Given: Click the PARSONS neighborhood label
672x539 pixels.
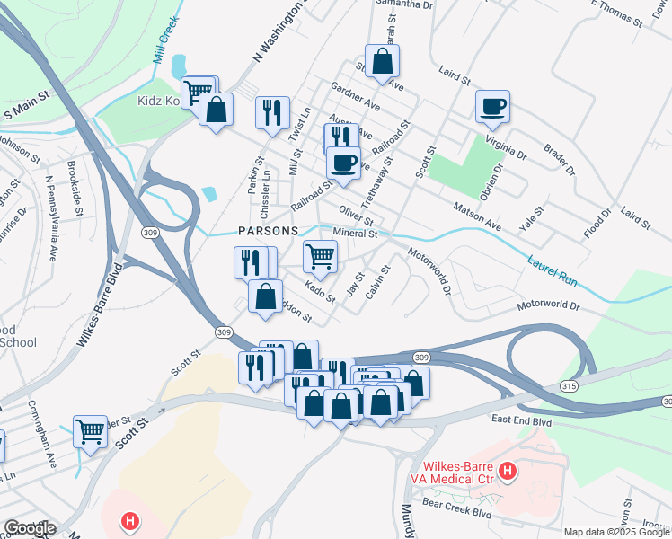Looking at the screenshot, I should tap(268, 231).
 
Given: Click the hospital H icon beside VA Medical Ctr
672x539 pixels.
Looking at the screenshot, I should tap(508, 470).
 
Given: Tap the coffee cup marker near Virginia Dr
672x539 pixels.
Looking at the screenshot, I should tap(492, 107).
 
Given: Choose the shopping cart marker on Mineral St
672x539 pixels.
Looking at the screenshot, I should tap(320, 257).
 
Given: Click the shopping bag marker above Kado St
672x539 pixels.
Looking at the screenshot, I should tap(266, 296).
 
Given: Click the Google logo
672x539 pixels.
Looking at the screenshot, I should tap(31, 528).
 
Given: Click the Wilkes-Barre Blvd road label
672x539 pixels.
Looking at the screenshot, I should tap(99, 311).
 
